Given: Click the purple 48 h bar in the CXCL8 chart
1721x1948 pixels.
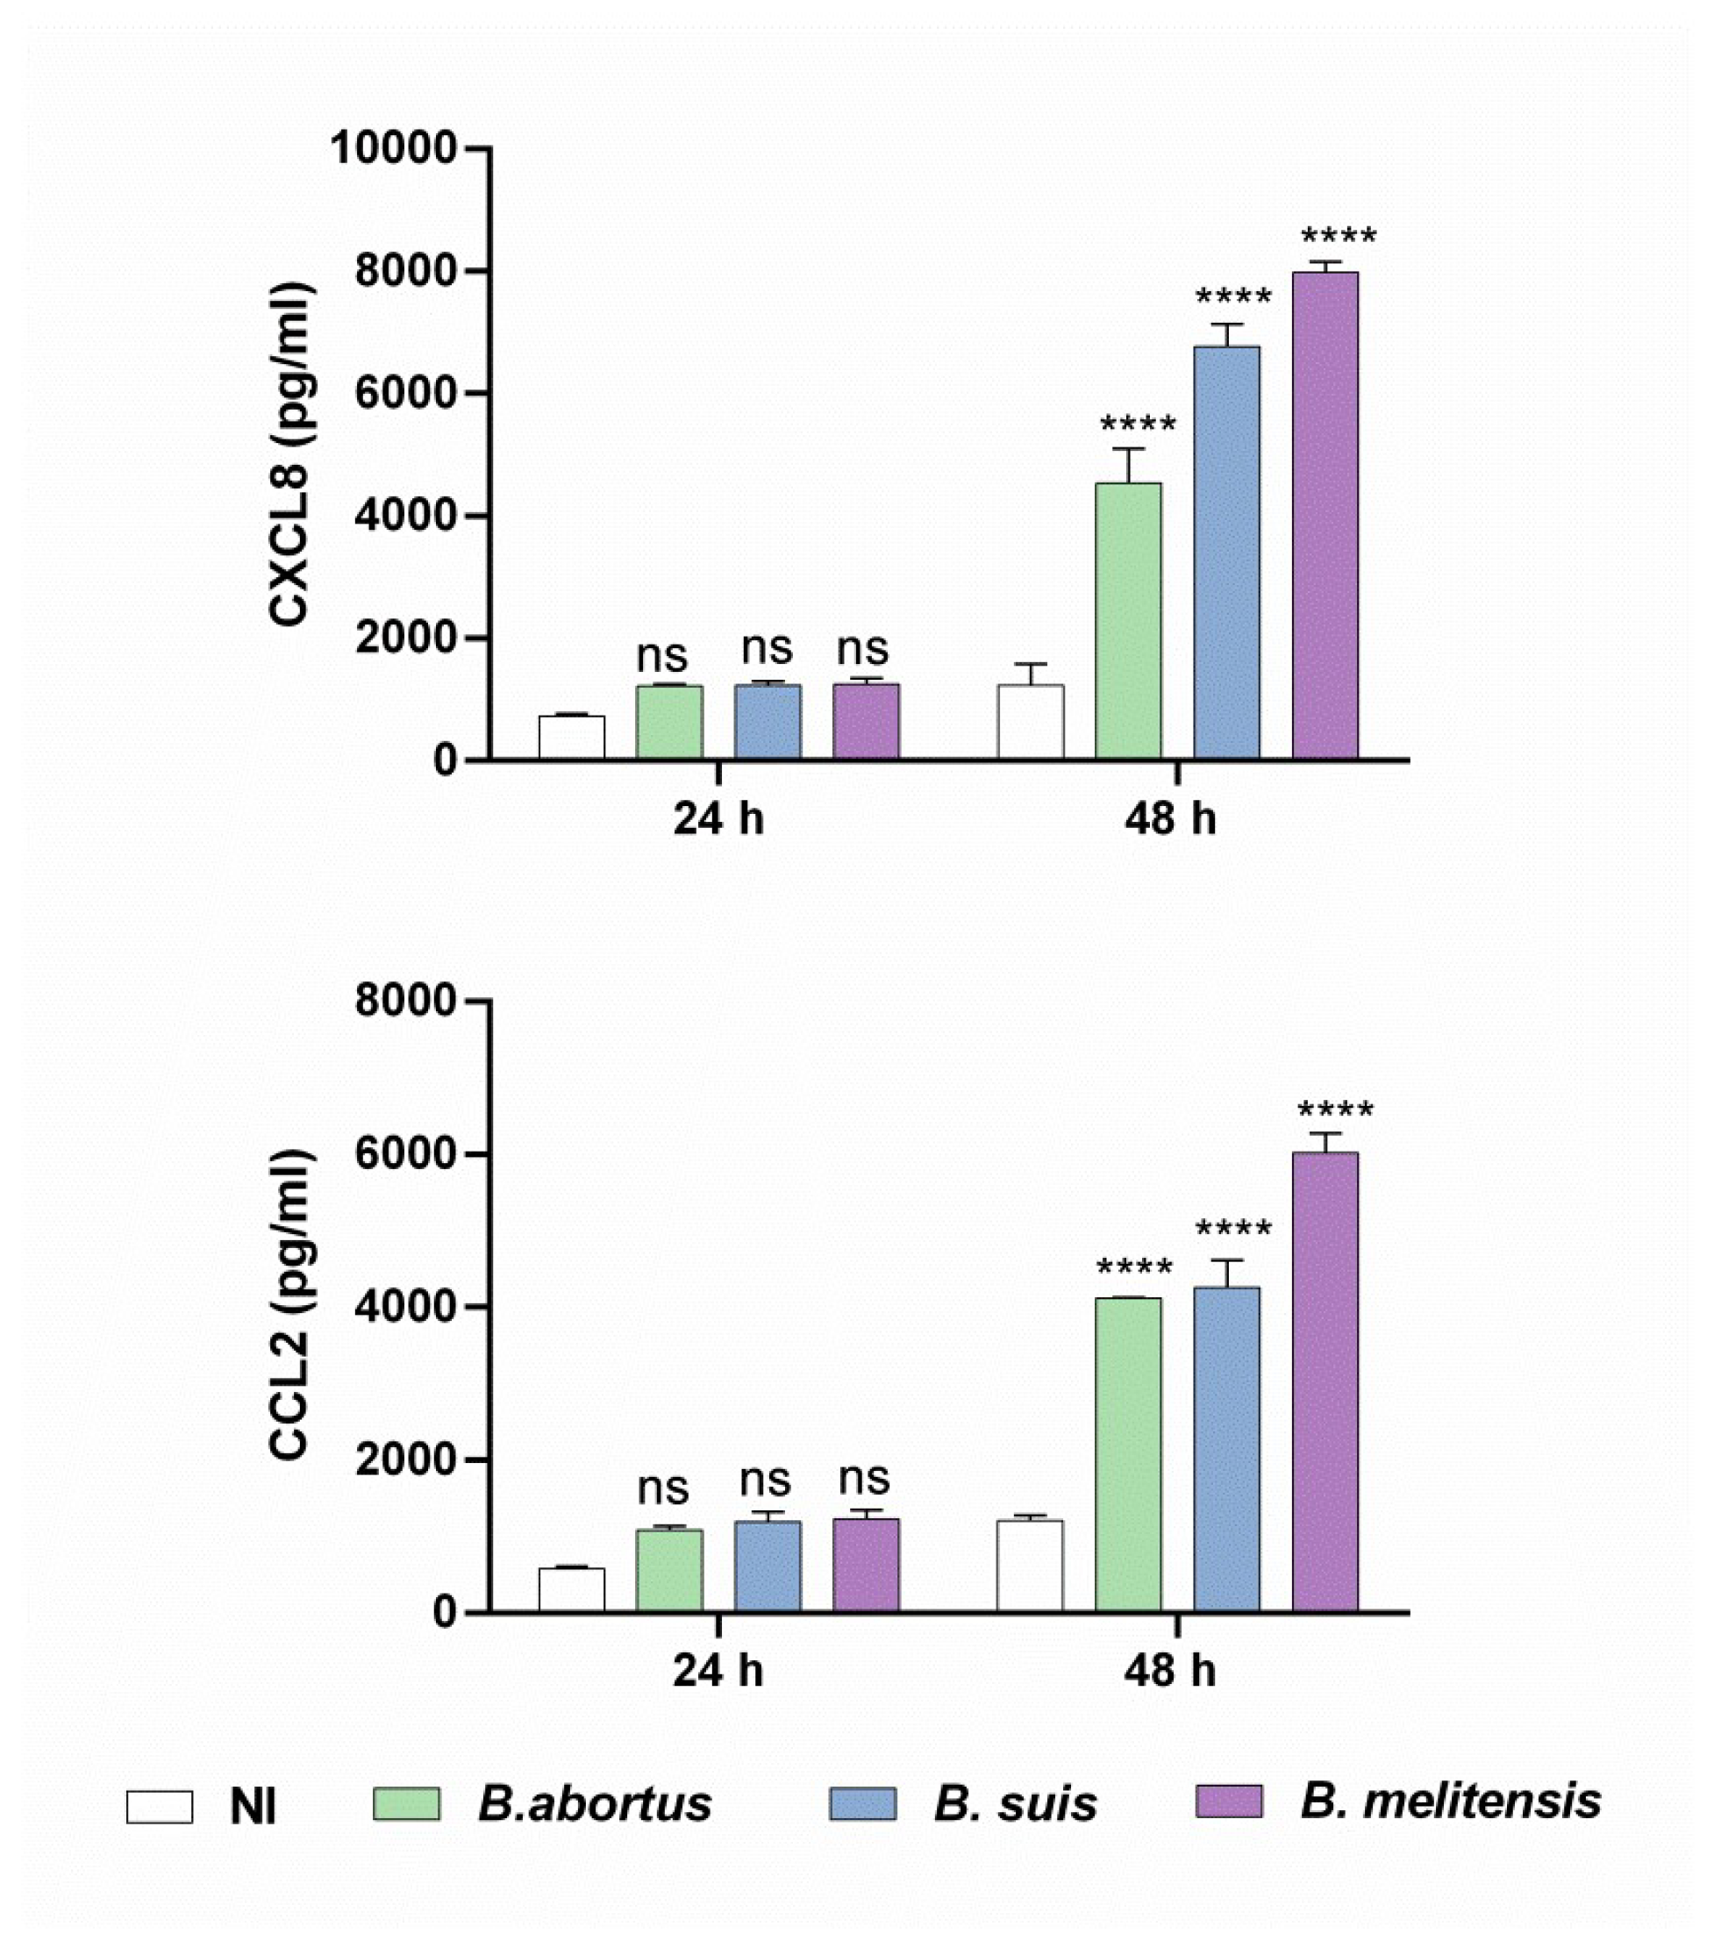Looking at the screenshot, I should click(x=1325, y=515).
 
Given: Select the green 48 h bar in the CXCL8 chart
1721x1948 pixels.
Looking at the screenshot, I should click(x=1128, y=620).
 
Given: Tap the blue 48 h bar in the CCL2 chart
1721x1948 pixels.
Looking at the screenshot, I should click(x=1226, y=1449).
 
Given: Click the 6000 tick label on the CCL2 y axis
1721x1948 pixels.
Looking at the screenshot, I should click(x=404, y=1154).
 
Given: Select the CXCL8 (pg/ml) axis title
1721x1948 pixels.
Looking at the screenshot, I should click(x=289, y=455).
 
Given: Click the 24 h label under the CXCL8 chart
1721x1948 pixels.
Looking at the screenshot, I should click(x=718, y=817).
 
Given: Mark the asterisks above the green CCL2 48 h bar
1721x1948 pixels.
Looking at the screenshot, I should click(x=1134, y=1268).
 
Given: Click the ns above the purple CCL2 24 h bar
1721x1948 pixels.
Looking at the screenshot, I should click(x=864, y=1479).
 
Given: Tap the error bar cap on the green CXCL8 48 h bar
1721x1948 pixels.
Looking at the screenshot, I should click(x=1128, y=449).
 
